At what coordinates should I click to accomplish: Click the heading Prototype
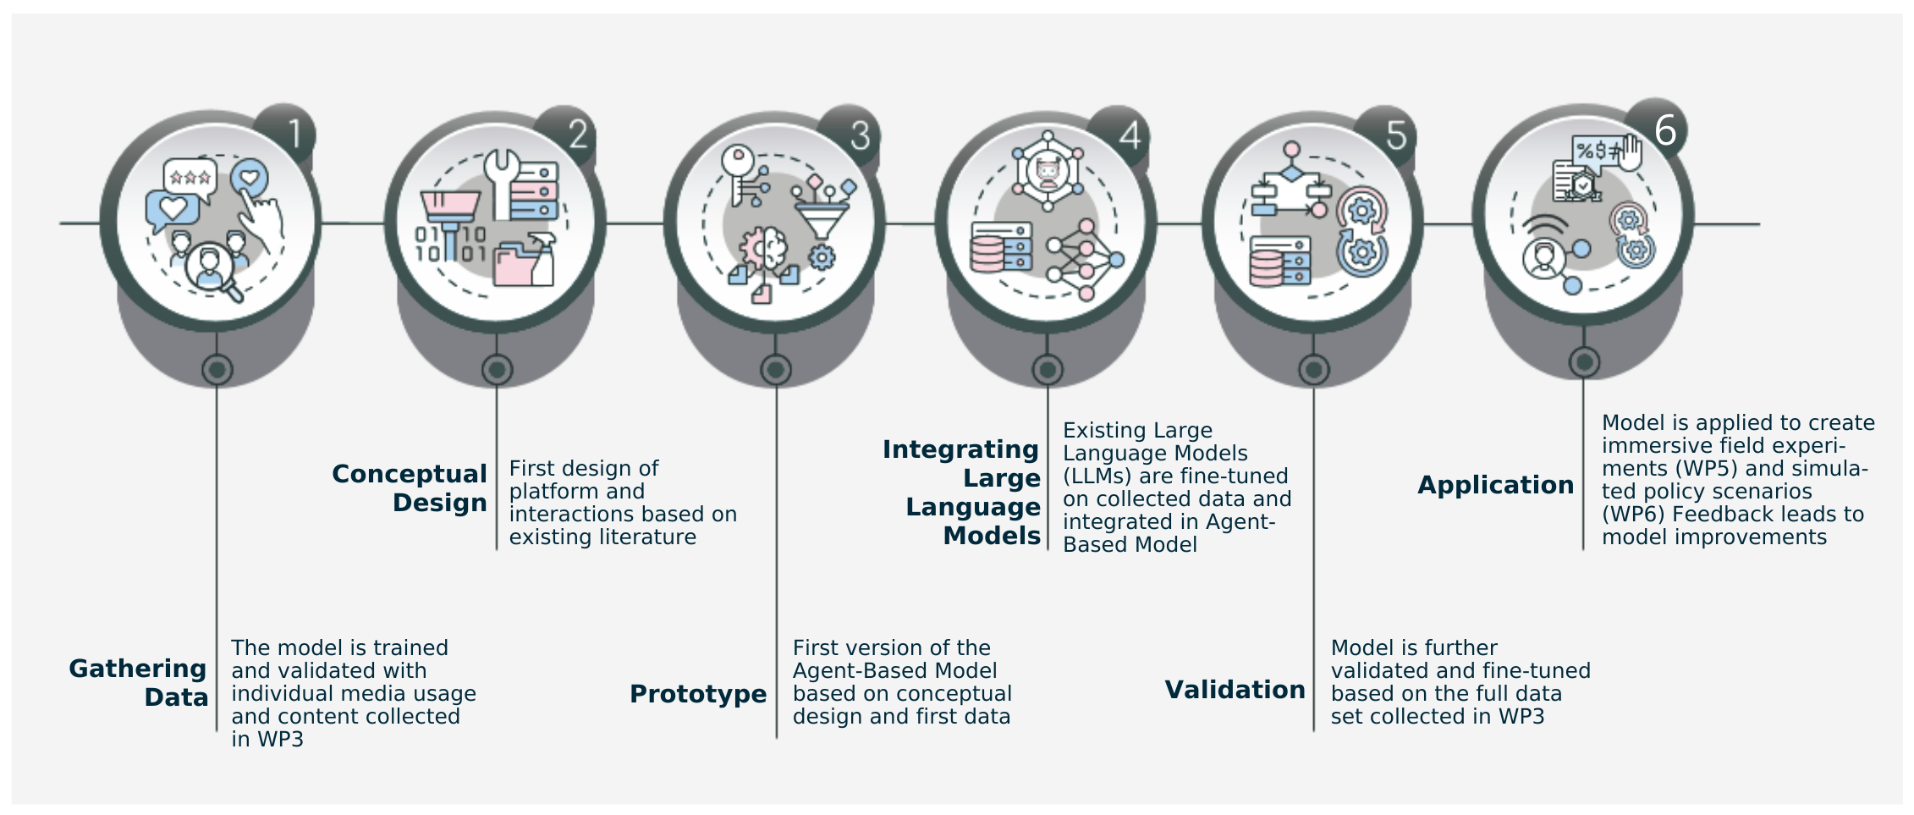pyautogui.click(x=698, y=694)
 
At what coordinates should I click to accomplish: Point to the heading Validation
pyautogui.click(x=1235, y=690)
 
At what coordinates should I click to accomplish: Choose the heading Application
pyautogui.click(x=1495, y=485)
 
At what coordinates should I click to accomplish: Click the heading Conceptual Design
pyautogui.click(x=410, y=487)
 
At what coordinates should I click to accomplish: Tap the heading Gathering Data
pyautogui.click(x=139, y=682)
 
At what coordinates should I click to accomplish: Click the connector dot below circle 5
pyautogui.click(x=1313, y=370)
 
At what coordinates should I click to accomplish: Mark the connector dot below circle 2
pyautogui.click(x=497, y=370)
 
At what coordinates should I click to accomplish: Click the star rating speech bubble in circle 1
pyautogui.click(x=190, y=177)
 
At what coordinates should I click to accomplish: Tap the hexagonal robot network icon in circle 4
pyautogui.click(x=1048, y=172)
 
